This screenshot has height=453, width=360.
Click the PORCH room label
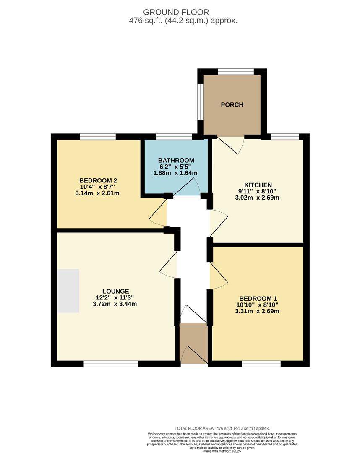pyautogui.click(x=232, y=104)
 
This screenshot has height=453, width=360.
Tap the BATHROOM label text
pyautogui.click(x=176, y=160)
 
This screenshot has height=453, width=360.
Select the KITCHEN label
pyautogui.click(x=258, y=185)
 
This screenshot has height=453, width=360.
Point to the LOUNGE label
pyautogui.click(x=115, y=291)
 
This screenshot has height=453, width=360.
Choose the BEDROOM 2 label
pyautogui.click(x=98, y=180)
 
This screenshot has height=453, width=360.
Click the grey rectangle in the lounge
pyautogui.click(x=68, y=291)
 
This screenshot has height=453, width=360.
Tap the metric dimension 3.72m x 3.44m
pyautogui.click(x=115, y=304)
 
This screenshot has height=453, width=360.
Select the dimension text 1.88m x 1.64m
pyautogui.click(x=175, y=173)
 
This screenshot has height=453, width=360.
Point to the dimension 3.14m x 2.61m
pyautogui.click(x=97, y=193)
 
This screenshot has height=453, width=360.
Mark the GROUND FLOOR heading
pyautogui.click(x=176, y=12)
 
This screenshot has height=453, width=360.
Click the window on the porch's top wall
pyautogui.click(x=236, y=72)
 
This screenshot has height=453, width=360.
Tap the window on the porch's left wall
pyautogui.click(x=201, y=102)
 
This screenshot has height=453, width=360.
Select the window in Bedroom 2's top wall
pyautogui.click(x=98, y=136)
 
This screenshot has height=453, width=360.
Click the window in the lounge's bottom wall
pyautogui.click(x=111, y=364)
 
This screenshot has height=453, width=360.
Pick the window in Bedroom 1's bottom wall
pyautogui.click(x=261, y=364)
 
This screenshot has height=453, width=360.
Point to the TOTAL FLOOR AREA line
pyautogui.click(x=222, y=428)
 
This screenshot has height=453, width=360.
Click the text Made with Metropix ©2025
pyautogui.click(x=222, y=451)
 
